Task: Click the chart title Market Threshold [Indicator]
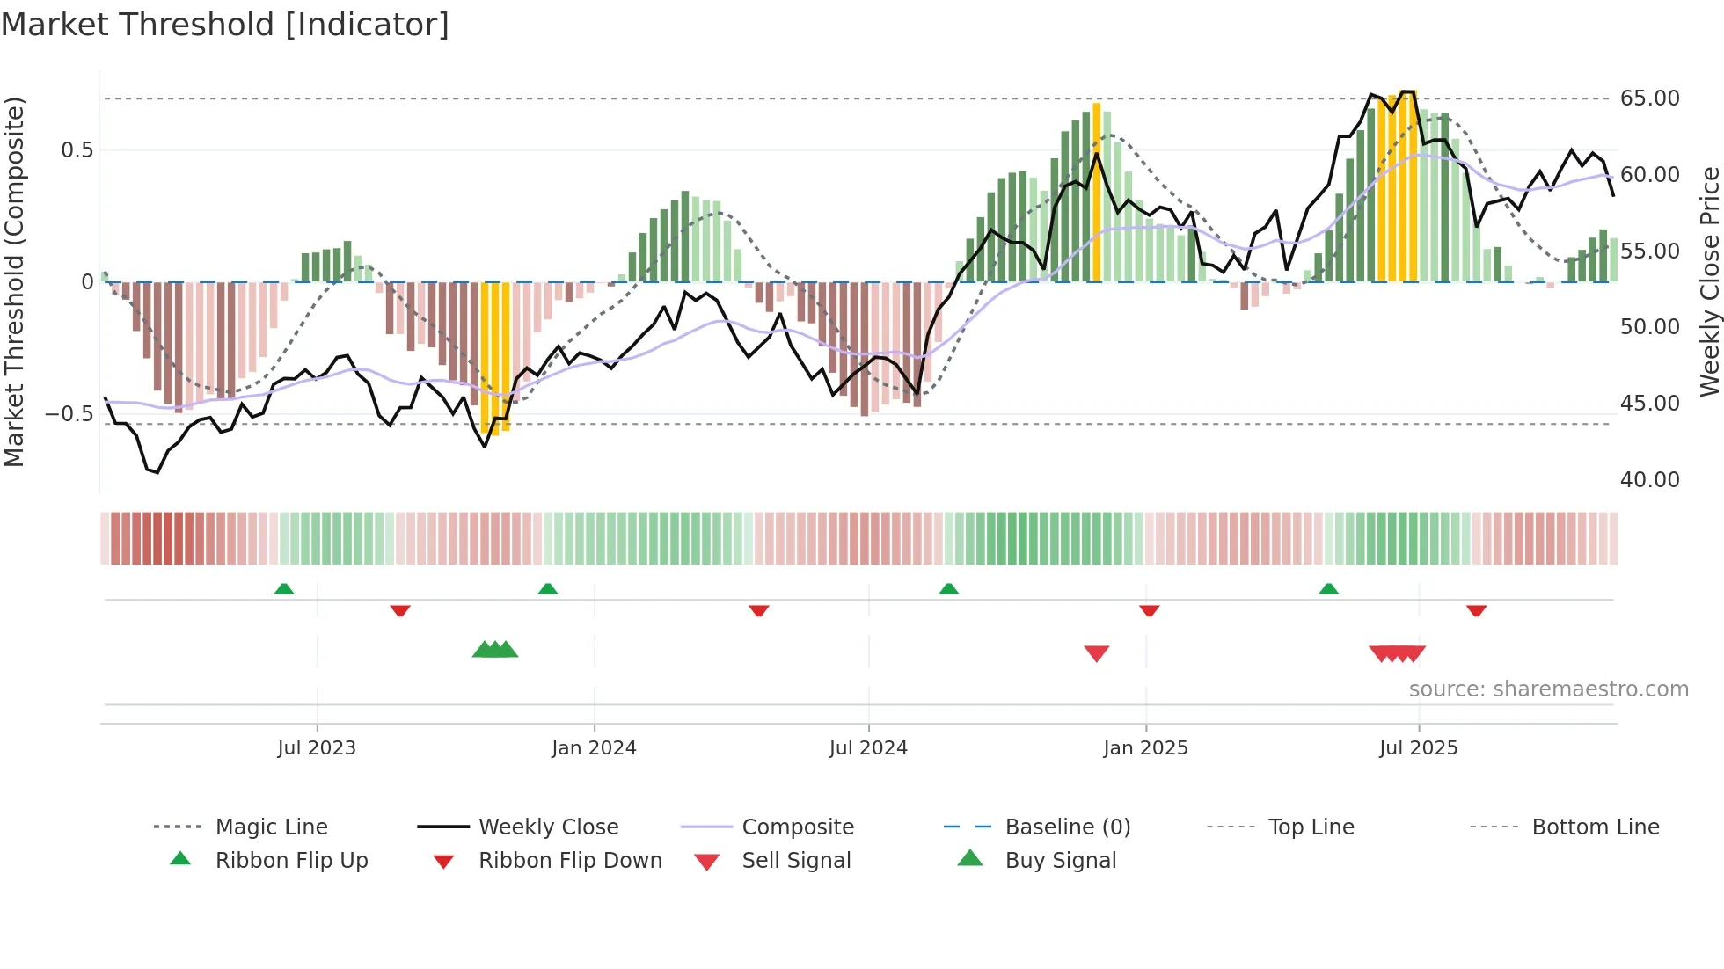[x=225, y=25]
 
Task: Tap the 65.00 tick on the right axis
[x=1649, y=98]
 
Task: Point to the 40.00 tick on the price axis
[x=1649, y=480]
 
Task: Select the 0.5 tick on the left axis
[x=77, y=150]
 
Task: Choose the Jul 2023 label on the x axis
[x=317, y=748]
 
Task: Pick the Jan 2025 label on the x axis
[x=1145, y=748]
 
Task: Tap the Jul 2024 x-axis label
[x=868, y=748]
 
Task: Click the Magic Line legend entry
[x=271, y=827]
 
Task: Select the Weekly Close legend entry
[x=548, y=827]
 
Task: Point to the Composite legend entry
[x=798, y=827]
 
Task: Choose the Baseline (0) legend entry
[x=1067, y=827]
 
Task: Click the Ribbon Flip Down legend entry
[x=570, y=861]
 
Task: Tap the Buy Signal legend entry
[x=1060, y=861]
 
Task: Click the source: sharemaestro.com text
[x=1548, y=689]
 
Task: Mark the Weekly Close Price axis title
[x=1709, y=281]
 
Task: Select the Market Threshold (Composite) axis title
[x=14, y=281]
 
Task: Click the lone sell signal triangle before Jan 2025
[x=1096, y=653]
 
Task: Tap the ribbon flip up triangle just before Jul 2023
[x=284, y=589]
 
